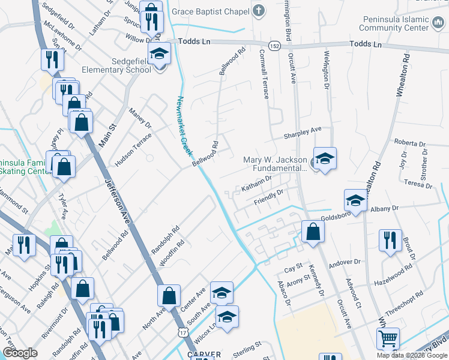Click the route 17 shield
tap(181, 332)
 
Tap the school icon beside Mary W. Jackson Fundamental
tap(325, 158)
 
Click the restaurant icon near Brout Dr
tap(390, 240)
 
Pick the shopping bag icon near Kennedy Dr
tap(313, 231)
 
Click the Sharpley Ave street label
tap(303, 130)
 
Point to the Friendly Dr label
tap(268, 196)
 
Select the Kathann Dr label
tap(256, 187)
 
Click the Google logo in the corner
tap(20, 353)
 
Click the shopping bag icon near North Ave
tap(169, 295)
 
